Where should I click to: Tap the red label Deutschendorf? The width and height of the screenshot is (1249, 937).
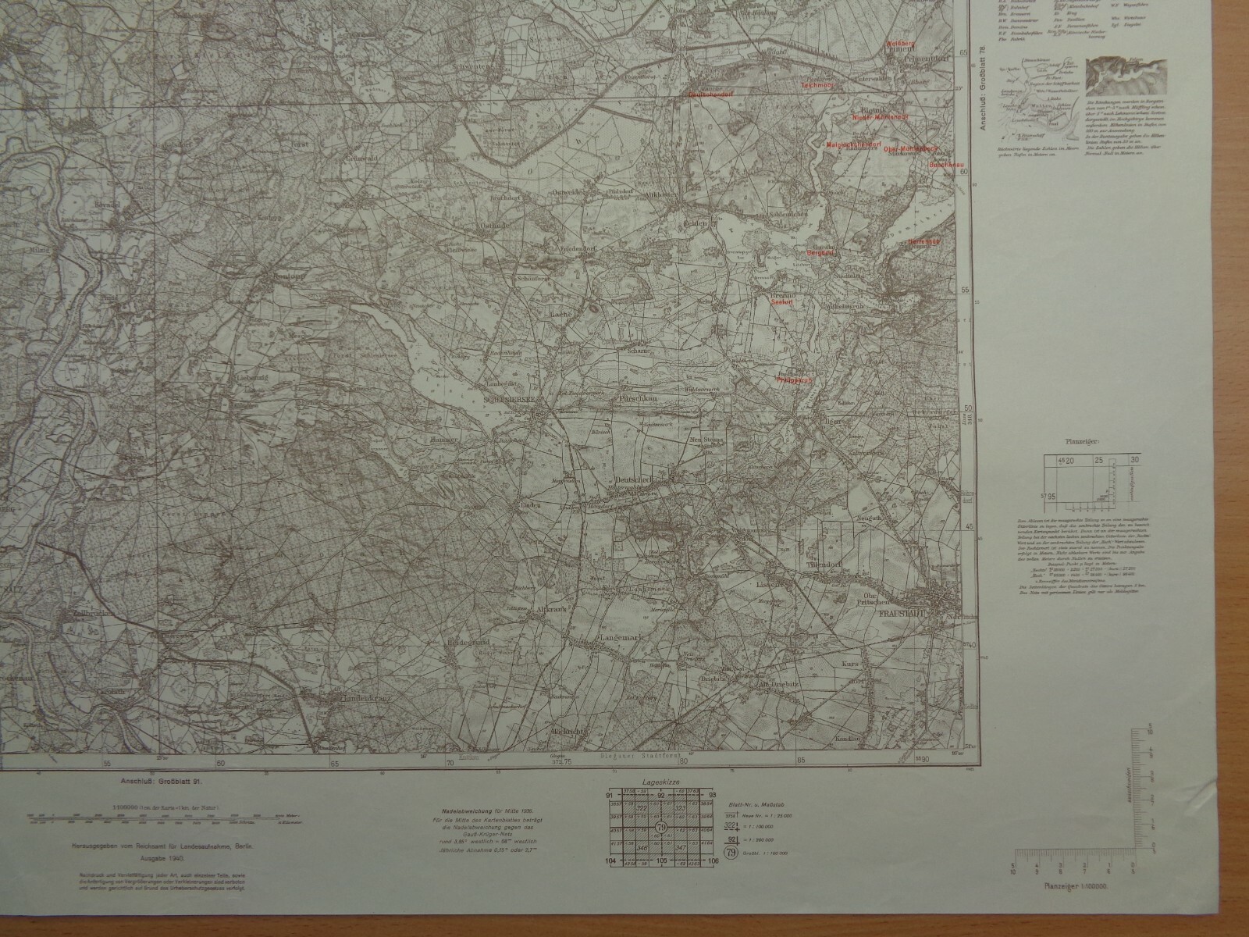(710, 94)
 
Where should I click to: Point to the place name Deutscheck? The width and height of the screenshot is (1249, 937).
(633, 479)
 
